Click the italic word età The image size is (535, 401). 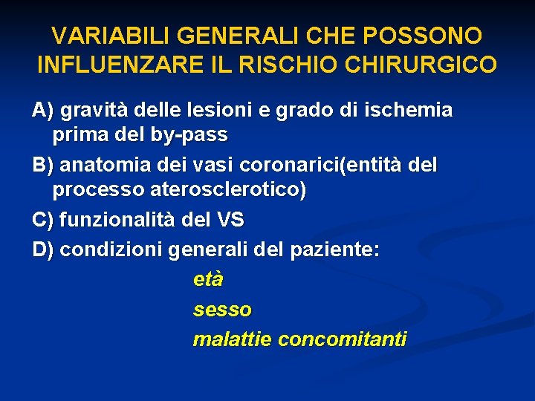pyautogui.click(x=208, y=280)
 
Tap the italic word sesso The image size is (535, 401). pyautogui.click(x=222, y=310)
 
